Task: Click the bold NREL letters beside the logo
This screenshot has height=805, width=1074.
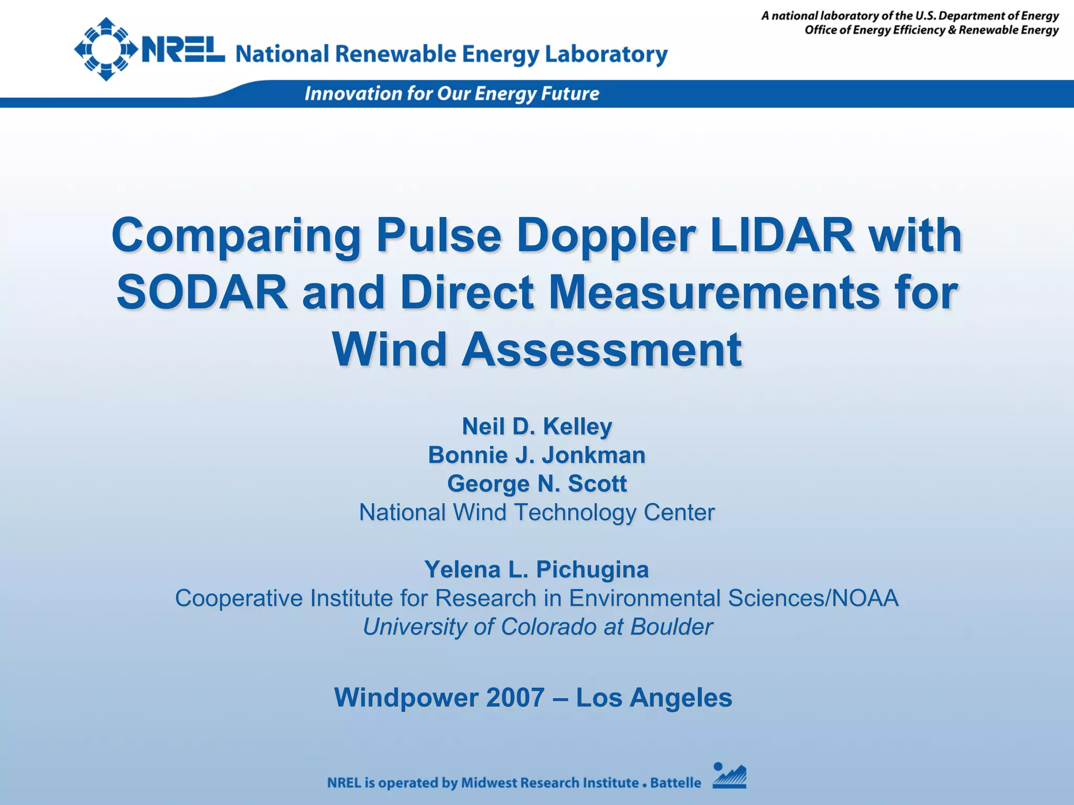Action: point(183,50)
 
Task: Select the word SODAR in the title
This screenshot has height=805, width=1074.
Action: point(202,292)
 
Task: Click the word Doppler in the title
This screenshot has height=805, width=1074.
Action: point(606,235)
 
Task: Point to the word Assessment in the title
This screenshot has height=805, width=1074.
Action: point(602,350)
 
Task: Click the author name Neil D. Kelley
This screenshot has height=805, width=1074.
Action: point(537,427)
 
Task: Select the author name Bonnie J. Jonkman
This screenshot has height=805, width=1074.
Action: point(537,455)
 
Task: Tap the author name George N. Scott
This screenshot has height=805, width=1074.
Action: point(537,484)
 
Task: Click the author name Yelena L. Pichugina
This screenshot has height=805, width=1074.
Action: point(537,570)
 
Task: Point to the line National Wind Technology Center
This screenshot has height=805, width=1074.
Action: point(537,513)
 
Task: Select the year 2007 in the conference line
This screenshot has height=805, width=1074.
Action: point(515,698)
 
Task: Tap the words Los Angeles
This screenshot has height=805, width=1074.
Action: point(654,698)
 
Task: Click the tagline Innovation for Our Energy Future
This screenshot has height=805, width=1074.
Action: point(452,94)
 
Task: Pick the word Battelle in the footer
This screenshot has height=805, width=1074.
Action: point(675,783)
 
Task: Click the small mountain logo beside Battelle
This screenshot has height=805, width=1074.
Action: point(729,776)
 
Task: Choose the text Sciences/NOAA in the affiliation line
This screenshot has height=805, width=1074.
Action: point(813,598)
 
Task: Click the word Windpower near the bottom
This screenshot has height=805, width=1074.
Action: point(406,698)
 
